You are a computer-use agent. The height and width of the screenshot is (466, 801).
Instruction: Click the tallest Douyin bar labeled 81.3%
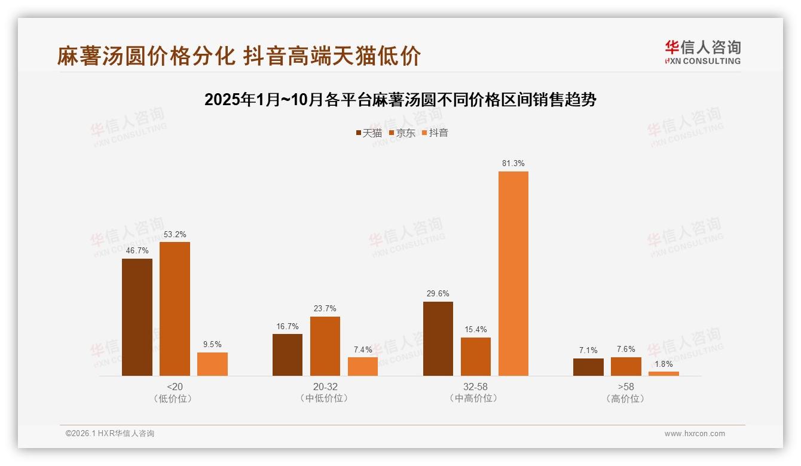click(x=513, y=274)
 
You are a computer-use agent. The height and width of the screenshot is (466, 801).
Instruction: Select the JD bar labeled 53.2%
click(x=175, y=309)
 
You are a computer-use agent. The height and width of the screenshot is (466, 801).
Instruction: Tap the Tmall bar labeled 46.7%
click(x=137, y=317)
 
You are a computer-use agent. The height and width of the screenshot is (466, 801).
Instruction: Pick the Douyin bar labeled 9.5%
click(x=212, y=364)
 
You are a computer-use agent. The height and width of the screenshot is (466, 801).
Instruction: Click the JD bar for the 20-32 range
click(x=325, y=346)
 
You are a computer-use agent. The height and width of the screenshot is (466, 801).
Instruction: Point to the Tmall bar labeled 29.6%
click(x=438, y=339)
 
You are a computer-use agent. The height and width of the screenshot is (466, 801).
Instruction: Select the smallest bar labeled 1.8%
click(x=664, y=373)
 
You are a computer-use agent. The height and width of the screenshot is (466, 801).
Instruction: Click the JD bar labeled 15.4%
click(x=476, y=357)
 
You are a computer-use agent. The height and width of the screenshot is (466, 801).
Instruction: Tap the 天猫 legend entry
click(x=369, y=133)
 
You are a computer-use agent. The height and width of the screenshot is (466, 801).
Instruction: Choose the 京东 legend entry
click(x=402, y=133)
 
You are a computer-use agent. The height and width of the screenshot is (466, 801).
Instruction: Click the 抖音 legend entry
click(x=435, y=133)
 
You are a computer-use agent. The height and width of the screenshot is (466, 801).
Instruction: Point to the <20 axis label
click(x=175, y=387)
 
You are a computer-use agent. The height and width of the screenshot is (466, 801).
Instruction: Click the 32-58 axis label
click(x=475, y=387)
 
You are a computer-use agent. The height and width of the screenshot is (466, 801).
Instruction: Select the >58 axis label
click(x=626, y=387)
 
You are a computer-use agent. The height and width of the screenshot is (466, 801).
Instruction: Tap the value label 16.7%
click(x=288, y=326)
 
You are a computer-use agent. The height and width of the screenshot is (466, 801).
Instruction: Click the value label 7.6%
click(x=626, y=349)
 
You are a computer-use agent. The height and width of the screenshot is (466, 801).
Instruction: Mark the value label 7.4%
click(x=363, y=349)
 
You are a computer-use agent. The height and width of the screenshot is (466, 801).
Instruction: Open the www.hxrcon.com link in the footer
click(x=695, y=434)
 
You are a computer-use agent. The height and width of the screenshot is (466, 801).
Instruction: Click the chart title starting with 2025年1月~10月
click(x=400, y=100)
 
